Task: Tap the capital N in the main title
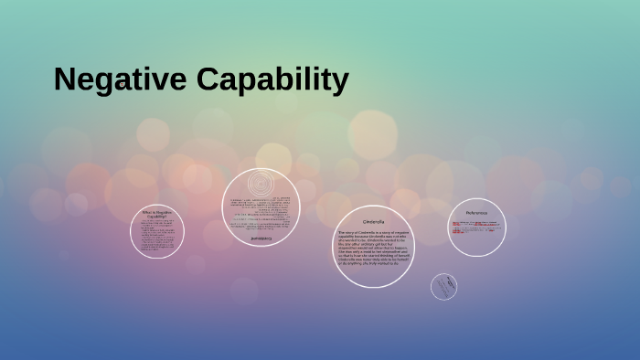(64, 80)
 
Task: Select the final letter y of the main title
(340, 84)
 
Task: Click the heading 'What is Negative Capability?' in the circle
(157, 215)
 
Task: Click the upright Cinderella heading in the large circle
(373, 222)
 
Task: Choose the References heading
(476, 212)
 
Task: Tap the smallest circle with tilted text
(444, 287)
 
